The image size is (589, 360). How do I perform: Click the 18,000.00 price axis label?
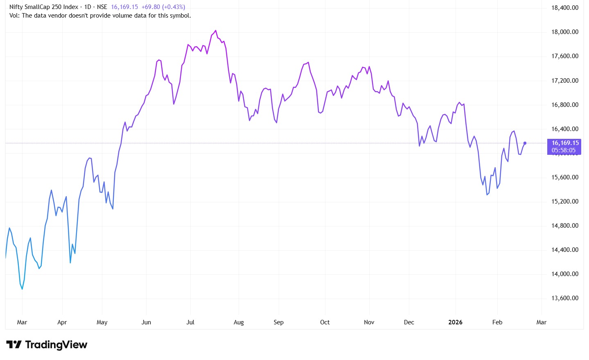pos(565,32)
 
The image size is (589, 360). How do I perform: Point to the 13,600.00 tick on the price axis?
pos(565,298)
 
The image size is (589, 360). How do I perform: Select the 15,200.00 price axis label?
pos(565,202)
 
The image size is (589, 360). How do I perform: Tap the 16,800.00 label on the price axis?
pos(565,105)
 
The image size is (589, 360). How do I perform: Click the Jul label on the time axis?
pos(190,322)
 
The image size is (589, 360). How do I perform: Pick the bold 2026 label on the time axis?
pos(455,322)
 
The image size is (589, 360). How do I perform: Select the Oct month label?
pos(325,322)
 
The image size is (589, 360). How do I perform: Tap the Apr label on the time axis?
pos(62,322)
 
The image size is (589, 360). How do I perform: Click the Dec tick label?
pos(409,322)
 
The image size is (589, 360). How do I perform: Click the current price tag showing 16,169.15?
pos(565,143)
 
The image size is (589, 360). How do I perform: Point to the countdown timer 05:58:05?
pos(564,150)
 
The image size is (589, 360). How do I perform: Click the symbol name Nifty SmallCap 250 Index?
pos(44,7)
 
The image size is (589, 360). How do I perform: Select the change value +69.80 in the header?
pos(151,7)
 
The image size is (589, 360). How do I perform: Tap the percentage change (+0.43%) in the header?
pos(174,7)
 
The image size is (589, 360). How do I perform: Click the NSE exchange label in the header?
pos(102,7)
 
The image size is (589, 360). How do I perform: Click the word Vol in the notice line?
pos(14,16)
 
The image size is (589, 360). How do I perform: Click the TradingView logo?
pos(47,345)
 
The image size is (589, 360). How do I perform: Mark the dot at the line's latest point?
pos(525,143)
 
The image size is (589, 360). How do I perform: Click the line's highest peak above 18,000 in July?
pos(216,30)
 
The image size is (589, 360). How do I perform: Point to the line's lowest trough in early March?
pos(22,289)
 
